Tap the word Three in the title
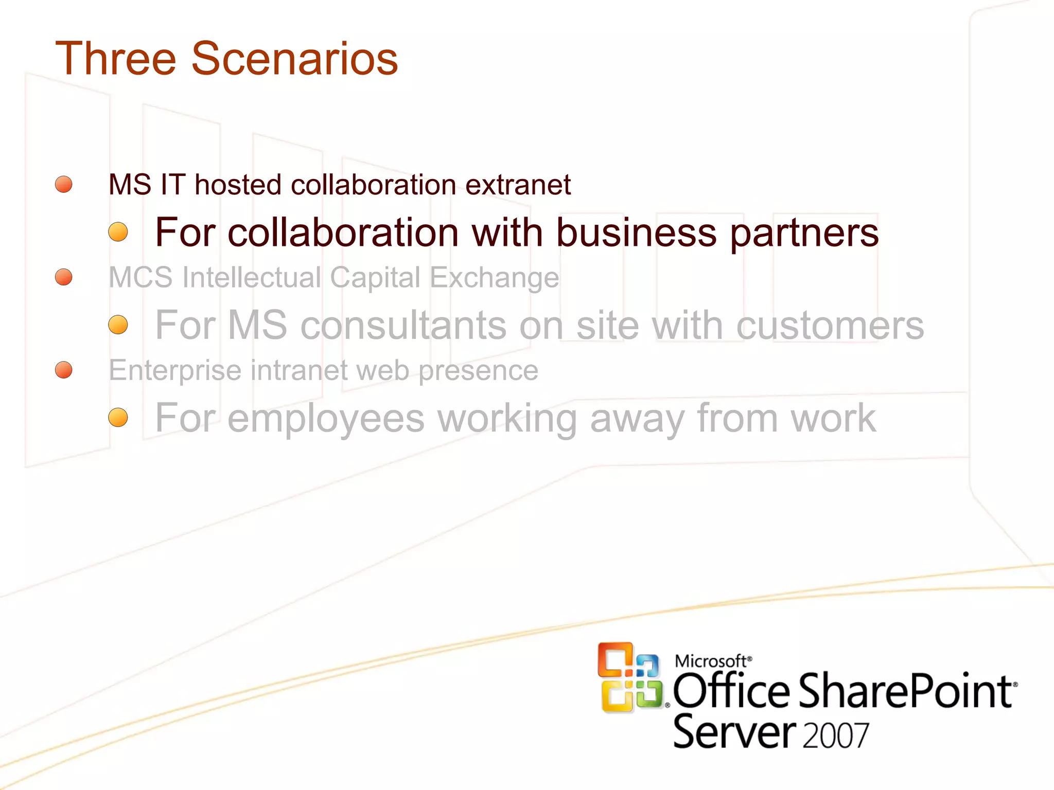(x=115, y=59)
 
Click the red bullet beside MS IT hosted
(x=64, y=184)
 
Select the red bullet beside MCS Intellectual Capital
(x=64, y=277)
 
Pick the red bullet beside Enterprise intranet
(x=64, y=370)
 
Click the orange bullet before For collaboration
(x=118, y=232)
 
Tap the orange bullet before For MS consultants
(x=118, y=325)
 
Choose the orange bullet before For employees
(x=118, y=418)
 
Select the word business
(x=636, y=232)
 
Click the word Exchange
(x=494, y=278)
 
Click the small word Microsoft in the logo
(x=710, y=661)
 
